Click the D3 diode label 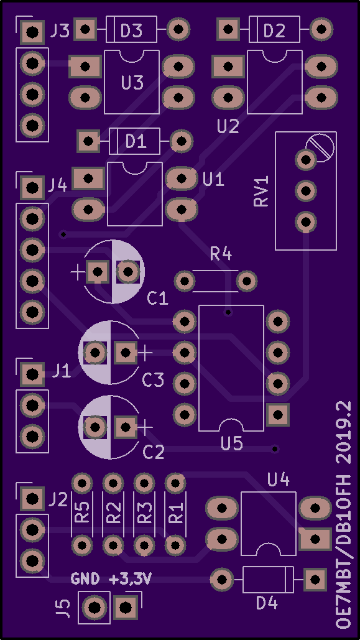132,30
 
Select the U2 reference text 228,126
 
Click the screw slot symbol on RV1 320,147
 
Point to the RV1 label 261,191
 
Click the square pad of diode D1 88,141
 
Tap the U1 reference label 213,180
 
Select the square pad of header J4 32,188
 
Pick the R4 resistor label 221,255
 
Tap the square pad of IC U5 278,415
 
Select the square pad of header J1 32,374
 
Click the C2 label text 154,452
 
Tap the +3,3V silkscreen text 131,578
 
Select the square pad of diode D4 315,580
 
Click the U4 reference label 279,480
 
